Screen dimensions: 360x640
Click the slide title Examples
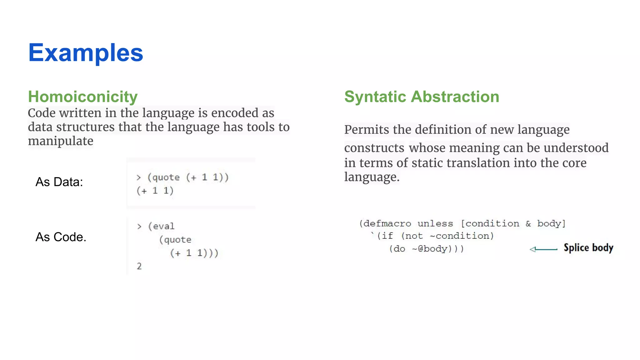[86, 52]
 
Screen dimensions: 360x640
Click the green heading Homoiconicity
[83, 97]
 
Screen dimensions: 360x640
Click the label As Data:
[59, 182]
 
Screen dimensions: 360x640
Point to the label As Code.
[61, 237]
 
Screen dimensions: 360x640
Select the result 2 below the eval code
[139, 266]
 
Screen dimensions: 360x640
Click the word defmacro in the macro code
[387, 224]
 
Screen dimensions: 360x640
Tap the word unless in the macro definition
[435, 224]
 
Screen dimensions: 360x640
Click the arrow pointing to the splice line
[543, 249]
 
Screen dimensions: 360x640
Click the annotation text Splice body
[588, 248]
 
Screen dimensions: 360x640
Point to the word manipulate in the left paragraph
[61, 141]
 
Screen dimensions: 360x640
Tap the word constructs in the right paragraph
[374, 148]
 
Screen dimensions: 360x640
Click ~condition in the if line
[461, 236]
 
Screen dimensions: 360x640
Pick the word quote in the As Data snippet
[166, 177]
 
